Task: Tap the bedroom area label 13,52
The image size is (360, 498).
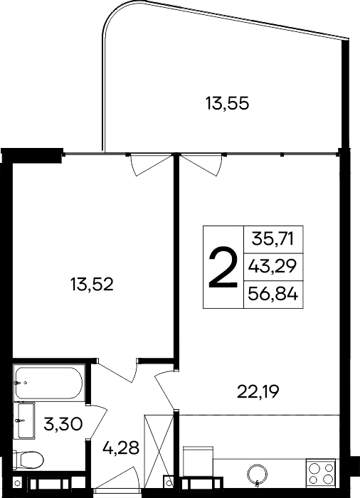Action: click(x=92, y=285)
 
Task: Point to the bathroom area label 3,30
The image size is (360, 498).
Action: click(x=63, y=425)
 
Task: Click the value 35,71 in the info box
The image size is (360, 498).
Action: click(x=273, y=238)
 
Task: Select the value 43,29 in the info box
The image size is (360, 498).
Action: click(x=273, y=267)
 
